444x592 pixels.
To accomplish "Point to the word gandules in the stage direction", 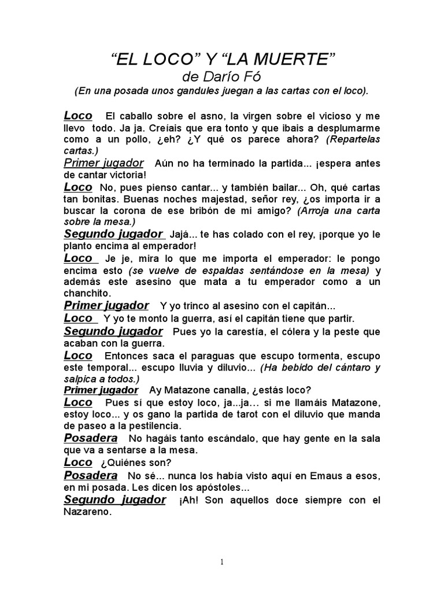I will click(x=183, y=91).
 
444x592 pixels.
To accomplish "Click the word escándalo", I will click(x=213, y=438).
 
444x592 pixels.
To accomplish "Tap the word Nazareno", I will click(x=87, y=511).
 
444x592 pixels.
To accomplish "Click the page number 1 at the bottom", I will click(x=222, y=563).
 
